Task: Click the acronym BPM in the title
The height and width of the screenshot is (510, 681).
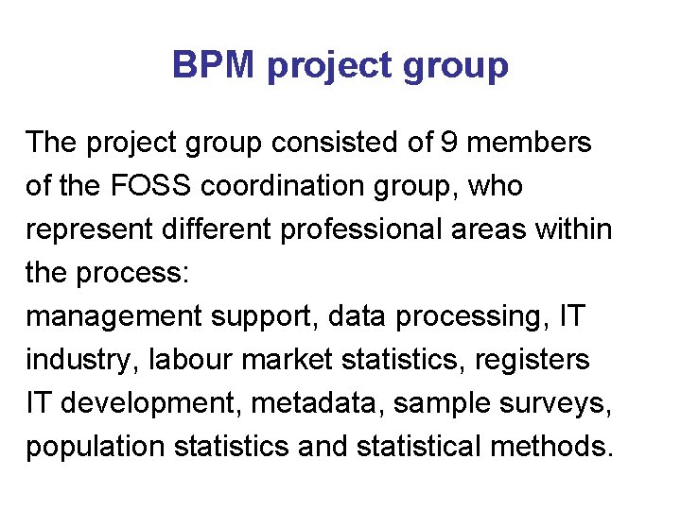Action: [214, 66]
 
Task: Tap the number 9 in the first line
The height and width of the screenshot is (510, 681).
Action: [450, 144]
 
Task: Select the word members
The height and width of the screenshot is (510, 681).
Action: [530, 144]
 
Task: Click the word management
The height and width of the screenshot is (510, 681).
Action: [113, 317]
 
